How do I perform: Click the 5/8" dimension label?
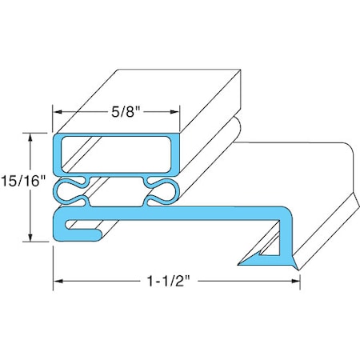pos(115,114)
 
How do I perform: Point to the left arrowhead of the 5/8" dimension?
pos(58,114)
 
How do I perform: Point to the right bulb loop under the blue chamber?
pos(162,190)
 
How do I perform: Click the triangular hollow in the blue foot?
pos(270,254)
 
